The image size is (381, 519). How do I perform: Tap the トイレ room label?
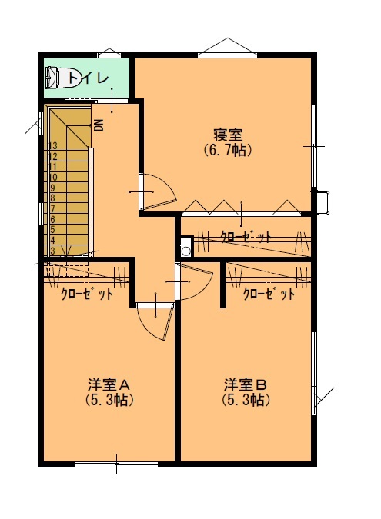pyautogui.click(x=89, y=78)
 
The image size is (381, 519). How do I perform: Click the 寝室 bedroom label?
pyautogui.click(x=228, y=135)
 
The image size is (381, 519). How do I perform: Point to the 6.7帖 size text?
pyautogui.click(x=228, y=150)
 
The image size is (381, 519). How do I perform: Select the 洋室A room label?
pyautogui.click(x=109, y=385)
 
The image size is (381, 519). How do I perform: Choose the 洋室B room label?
pyautogui.click(x=246, y=385)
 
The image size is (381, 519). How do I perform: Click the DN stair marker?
pyautogui.click(x=99, y=125)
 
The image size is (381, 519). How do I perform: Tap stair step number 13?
pyautogui.click(x=53, y=145)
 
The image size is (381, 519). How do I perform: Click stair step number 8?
pyautogui.click(x=53, y=198)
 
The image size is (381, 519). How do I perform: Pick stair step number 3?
pyautogui.click(x=52, y=251)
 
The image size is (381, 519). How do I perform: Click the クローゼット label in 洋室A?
pyautogui.click(x=87, y=294)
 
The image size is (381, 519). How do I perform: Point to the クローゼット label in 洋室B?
pyautogui.click(x=269, y=294)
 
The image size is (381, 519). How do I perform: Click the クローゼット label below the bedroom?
pyautogui.click(x=246, y=237)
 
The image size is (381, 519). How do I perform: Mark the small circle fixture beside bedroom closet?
pyautogui.click(x=186, y=251)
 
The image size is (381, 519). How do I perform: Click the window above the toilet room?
pyautogui.click(x=109, y=55)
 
